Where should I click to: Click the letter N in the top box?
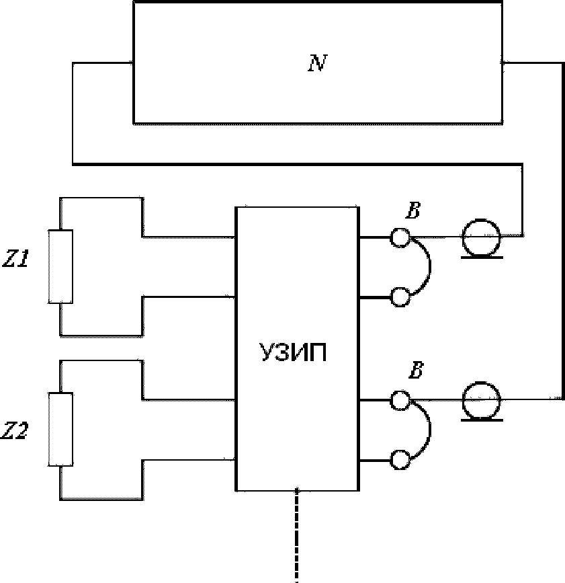318,63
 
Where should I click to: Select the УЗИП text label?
293,352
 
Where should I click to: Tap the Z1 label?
15,259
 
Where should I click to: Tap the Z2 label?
15,431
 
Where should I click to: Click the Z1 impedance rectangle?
60,266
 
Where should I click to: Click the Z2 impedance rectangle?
60,429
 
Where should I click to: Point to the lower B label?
416,371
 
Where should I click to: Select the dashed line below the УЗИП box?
297,535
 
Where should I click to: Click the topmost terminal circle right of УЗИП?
400,237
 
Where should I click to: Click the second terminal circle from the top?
400,297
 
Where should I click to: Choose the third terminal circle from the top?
400,401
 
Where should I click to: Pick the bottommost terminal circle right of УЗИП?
400,460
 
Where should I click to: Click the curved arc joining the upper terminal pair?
430,266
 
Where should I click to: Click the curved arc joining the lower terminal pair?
430,429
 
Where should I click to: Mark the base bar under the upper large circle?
482,257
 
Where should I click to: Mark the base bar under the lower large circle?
482,420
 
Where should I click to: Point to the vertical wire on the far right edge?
563,231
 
